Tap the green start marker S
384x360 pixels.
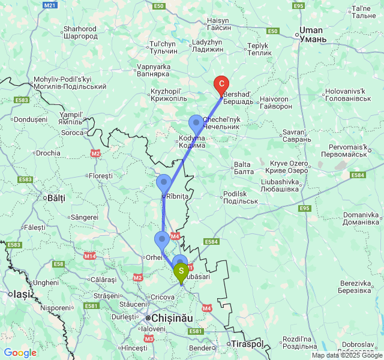coord(181,272)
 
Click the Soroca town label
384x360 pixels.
coord(73,132)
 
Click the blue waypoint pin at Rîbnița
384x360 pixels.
coord(164,182)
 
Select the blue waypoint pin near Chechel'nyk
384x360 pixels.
coord(196,123)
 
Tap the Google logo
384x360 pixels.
coord(20,353)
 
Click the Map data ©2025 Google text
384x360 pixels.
coord(347,355)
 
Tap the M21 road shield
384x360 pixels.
coord(50,5)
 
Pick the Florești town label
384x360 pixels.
coord(101,176)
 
